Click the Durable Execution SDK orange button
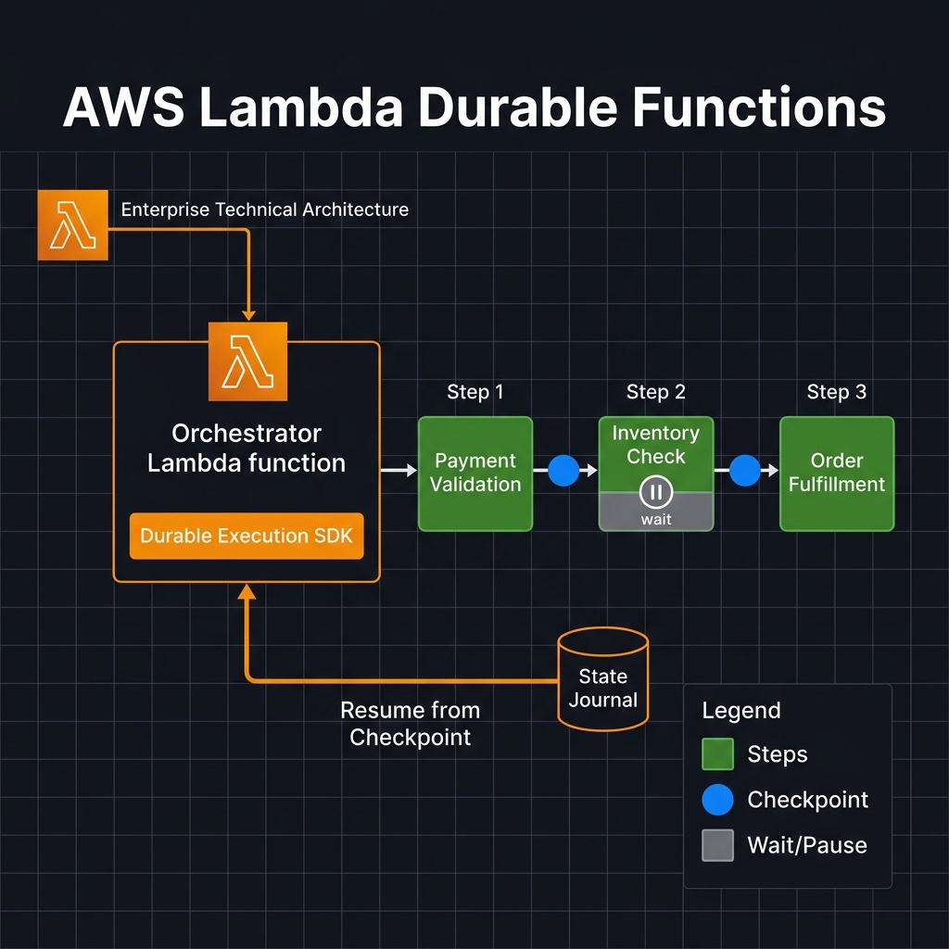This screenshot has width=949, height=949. (x=247, y=536)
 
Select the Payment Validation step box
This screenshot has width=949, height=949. (x=475, y=474)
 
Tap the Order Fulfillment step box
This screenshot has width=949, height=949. (x=837, y=474)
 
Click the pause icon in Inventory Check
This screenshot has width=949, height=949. (x=656, y=491)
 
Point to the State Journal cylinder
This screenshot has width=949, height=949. (x=602, y=680)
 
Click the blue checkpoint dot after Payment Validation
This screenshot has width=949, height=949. (x=563, y=471)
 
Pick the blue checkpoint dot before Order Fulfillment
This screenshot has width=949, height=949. (x=745, y=471)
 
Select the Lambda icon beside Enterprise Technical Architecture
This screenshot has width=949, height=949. (x=72, y=225)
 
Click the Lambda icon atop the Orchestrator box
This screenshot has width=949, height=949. (x=247, y=361)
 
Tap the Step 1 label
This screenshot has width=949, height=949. (x=475, y=392)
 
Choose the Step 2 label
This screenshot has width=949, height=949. (x=656, y=392)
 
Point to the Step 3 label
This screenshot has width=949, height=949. (x=837, y=392)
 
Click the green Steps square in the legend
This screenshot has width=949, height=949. (x=718, y=754)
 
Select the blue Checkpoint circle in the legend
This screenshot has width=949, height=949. (x=718, y=800)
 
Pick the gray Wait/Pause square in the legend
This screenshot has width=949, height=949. (x=718, y=845)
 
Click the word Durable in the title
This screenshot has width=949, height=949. (x=520, y=109)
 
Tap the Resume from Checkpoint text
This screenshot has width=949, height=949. (x=411, y=724)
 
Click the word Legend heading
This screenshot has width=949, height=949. (x=741, y=711)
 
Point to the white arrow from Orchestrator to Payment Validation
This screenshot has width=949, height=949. (x=399, y=471)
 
